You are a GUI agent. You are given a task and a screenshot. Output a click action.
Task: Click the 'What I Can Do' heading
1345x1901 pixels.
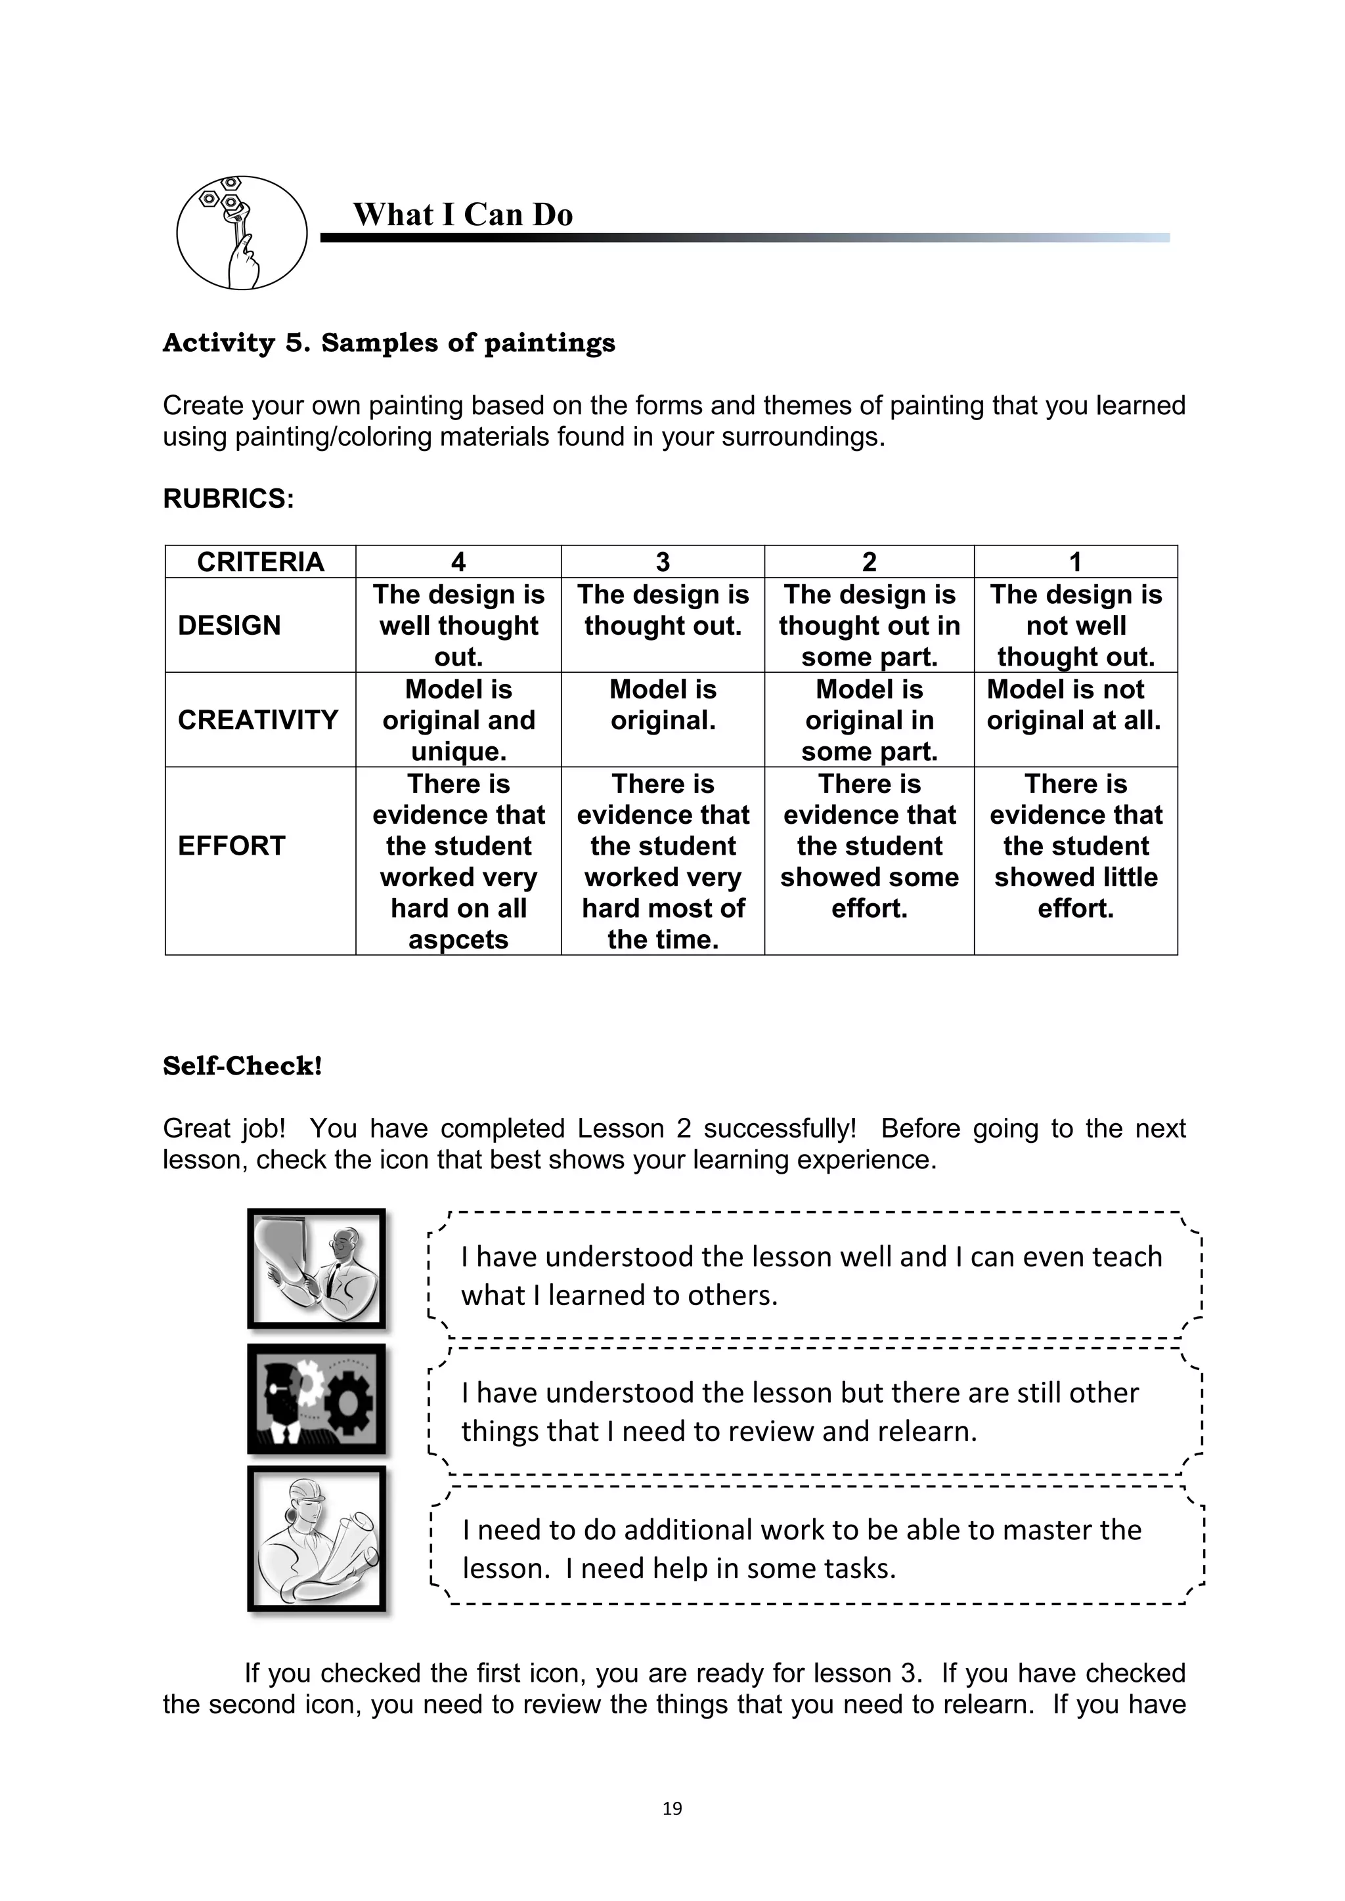(x=462, y=215)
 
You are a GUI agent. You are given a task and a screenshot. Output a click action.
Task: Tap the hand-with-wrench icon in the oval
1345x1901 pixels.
(x=241, y=232)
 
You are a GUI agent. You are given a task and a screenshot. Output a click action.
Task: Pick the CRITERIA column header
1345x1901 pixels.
(x=260, y=562)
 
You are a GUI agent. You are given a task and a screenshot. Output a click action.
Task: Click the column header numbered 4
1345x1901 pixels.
(x=458, y=562)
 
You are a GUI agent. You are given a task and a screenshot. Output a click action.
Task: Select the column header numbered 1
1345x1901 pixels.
(x=1075, y=562)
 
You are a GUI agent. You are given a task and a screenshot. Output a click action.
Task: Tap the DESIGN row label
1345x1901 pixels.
(x=229, y=625)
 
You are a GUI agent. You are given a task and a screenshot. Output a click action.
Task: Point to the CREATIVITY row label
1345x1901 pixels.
(x=257, y=719)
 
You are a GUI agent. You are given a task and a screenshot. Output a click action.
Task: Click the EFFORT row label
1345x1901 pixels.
(x=231, y=845)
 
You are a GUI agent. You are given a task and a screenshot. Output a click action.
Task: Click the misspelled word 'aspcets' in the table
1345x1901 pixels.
(x=458, y=940)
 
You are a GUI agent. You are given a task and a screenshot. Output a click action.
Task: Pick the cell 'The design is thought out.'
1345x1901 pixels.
(x=663, y=610)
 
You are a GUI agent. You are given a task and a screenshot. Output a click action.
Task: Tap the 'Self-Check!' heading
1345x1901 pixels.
(x=242, y=1065)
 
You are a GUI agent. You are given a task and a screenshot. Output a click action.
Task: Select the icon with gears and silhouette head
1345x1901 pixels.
(x=317, y=1399)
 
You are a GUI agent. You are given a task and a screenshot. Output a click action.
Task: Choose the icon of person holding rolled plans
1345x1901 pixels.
(x=317, y=1539)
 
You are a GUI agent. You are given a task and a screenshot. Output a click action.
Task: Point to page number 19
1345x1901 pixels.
(x=672, y=1808)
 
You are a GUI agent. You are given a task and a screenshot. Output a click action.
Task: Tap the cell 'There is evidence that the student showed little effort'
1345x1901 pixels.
(x=1075, y=845)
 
